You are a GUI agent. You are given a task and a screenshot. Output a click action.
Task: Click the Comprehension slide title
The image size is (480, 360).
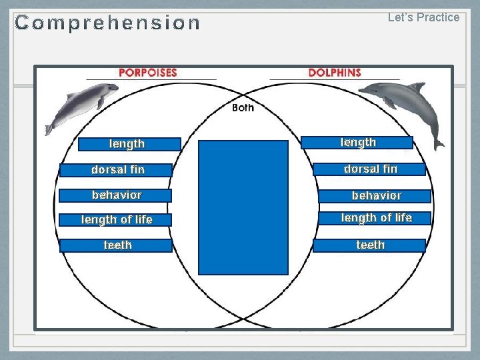(x=107, y=23)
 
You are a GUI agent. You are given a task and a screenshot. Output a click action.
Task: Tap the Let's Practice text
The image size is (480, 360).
(x=424, y=17)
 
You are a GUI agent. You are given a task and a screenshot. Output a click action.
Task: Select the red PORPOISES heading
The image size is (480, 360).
(x=148, y=73)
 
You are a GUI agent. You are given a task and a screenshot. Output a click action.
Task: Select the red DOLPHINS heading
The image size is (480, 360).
(x=335, y=73)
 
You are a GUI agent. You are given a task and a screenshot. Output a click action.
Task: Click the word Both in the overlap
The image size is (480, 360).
(x=243, y=107)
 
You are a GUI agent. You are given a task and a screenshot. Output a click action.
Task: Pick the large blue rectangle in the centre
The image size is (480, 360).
(x=243, y=207)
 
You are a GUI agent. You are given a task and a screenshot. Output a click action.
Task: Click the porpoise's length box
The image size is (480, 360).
(x=129, y=144)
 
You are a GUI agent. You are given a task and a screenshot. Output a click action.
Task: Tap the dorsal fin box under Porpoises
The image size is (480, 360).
(x=116, y=170)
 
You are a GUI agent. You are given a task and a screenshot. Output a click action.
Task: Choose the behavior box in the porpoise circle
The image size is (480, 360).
(x=115, y=195)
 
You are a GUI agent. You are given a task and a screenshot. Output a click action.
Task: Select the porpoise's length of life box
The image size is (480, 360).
(x=115, y=220)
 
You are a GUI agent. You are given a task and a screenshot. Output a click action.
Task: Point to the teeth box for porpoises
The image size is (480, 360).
(x=116, y=245)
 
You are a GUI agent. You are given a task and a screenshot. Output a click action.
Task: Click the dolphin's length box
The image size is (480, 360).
(x=357, y=143)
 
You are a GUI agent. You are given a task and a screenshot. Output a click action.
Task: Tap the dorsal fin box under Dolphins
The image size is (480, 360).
(x=369, y=169)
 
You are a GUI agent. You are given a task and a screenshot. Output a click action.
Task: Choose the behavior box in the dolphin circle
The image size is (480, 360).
(x=375, y=196)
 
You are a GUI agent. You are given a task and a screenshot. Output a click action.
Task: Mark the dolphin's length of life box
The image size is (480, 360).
(x=375, y=218)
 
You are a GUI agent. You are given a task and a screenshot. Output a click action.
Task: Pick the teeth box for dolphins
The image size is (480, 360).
(x=369, y=245)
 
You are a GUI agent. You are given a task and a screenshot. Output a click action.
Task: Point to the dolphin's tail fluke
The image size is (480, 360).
(x=439, y=145)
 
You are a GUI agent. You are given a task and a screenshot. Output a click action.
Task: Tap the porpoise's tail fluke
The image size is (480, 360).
(x=49, y=129)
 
